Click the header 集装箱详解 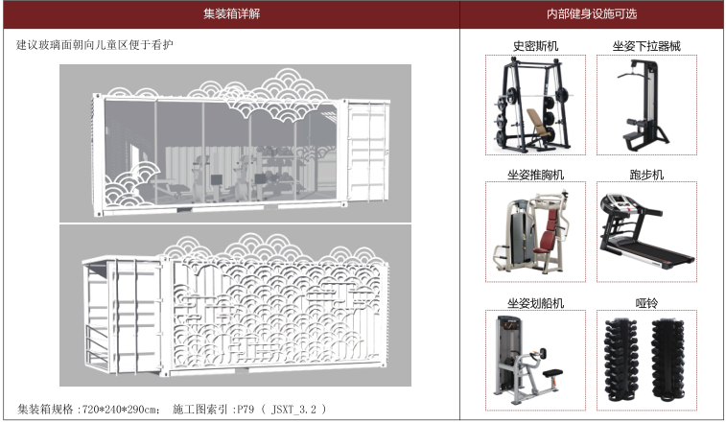coord(231,14)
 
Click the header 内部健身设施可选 coord(591,14)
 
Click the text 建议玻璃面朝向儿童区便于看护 coord(95,45)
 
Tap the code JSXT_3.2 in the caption coord(293,410)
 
